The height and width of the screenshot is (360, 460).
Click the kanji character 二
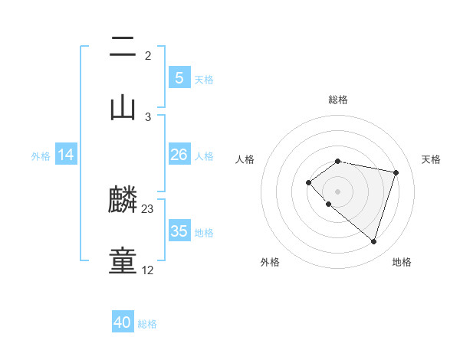(123, 48)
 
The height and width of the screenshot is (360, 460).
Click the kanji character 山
(123, 108)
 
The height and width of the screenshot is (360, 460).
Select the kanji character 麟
(123, 201)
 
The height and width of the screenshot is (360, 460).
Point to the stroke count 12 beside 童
(148, 270)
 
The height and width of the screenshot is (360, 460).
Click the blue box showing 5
(179, 78)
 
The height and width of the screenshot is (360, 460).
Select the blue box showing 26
(179, 155)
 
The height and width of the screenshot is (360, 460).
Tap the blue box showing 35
(179, 231)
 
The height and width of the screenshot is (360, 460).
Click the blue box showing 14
(66, 155)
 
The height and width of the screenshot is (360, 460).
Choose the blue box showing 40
(123, 322)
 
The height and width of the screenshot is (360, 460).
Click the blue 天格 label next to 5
(204, 79)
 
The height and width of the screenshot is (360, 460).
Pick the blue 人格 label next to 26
(204, 155)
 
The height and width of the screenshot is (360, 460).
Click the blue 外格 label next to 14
(41, 155)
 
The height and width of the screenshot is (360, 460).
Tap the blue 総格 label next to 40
(147, 323)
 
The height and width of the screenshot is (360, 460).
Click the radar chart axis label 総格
(338, 100)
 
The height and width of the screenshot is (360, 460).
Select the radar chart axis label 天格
(431, 159)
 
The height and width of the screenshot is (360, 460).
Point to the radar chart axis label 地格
(402, 262)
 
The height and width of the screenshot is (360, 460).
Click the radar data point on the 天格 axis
(396, 172)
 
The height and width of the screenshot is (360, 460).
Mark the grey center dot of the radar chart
(338, 191)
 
